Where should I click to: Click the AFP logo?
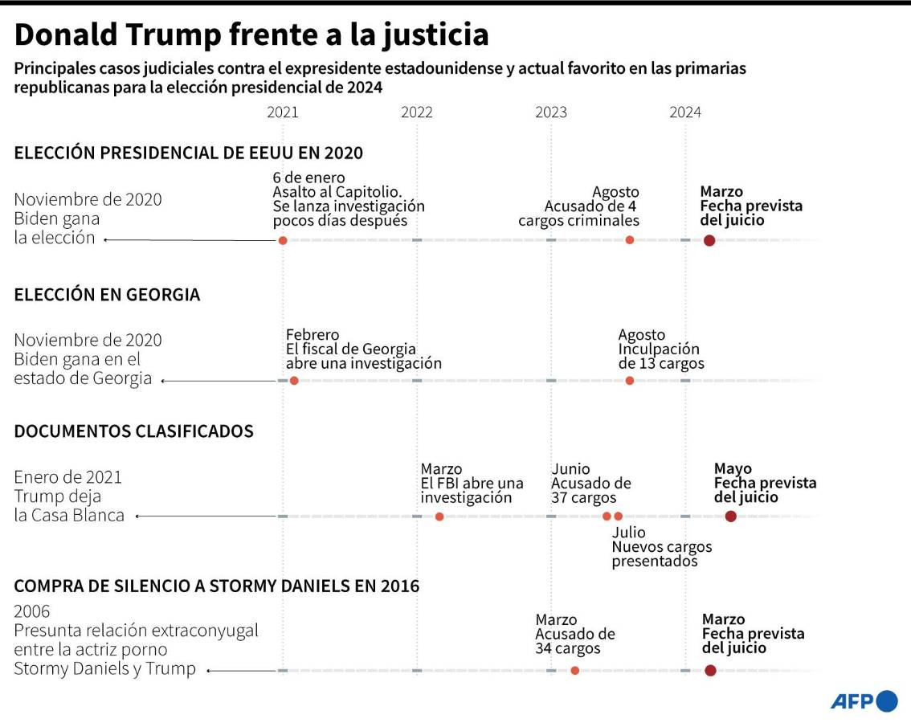click(x=864, y=701)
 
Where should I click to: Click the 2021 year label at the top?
click(x=282, y=113)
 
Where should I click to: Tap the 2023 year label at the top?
click(x=551, y=113)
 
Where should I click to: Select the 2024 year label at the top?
click(x=685, y=113)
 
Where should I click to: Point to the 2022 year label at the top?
click(x=417, y=113)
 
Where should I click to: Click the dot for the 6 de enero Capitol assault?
click(x=283, y=240)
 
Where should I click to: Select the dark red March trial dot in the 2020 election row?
click(x=709, y=240)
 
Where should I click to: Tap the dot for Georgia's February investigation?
click(x=294, y=381)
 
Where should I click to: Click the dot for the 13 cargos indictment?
click(x=630, y=381)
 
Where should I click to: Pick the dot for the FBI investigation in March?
click(x=439, y=517)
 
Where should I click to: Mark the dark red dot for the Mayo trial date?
click(x=730, y=517)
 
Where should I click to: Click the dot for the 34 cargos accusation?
click(x=574, y=671)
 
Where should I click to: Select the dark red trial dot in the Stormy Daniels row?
click(x=710, y=671)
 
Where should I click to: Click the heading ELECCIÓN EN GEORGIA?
click(x=107, y=295)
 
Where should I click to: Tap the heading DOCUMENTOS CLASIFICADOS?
click(x=133, y=431)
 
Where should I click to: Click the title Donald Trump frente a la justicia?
click(x=251, y=35)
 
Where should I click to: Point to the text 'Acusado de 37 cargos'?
click(x=591, y=490)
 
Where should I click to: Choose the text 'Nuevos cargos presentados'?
click(x=661, y=553)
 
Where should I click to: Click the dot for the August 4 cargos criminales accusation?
click(x=630, y=240)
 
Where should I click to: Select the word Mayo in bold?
click(x=733, y=469)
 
